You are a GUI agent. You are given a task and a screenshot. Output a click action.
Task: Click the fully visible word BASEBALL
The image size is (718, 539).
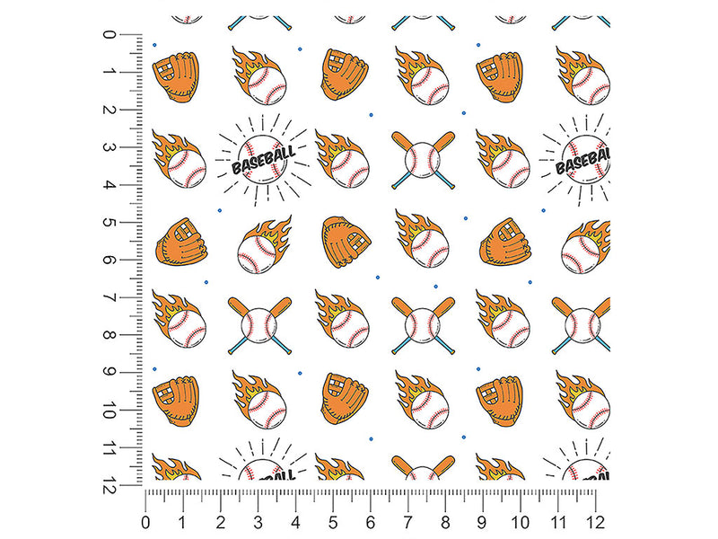263,161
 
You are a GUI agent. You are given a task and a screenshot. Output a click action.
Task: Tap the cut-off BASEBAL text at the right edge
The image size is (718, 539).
582,161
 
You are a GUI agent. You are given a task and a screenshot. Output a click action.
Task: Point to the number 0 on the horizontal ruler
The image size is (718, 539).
145,522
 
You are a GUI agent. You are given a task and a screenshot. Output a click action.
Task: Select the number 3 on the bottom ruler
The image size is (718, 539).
258,522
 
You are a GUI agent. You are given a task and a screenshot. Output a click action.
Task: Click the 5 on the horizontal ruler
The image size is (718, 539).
333,522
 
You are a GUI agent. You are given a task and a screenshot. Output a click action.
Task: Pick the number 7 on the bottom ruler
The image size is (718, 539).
408,522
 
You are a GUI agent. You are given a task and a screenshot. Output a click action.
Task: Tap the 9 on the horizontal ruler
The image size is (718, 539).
483,522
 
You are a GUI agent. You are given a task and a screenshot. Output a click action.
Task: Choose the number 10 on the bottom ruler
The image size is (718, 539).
521,522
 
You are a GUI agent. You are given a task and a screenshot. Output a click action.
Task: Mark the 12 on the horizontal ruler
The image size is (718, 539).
595,522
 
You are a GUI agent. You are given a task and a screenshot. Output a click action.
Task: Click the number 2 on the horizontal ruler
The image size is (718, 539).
221,522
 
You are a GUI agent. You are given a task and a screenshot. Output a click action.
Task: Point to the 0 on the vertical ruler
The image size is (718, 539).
109,34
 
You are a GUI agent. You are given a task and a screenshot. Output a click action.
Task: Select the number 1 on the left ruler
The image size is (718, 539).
109,72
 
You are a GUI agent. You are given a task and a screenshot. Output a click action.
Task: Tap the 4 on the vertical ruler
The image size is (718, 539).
109,185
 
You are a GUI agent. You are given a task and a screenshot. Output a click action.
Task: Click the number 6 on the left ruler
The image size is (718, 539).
109,260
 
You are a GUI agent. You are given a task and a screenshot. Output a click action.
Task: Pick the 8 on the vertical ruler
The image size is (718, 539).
109,335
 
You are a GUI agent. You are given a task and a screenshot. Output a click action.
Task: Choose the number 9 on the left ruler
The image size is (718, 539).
109,373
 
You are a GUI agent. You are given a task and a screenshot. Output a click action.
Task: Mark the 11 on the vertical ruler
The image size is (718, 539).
109,447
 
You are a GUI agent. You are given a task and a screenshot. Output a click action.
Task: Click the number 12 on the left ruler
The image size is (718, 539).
109,485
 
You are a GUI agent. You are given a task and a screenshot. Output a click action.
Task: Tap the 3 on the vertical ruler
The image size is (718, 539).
109,147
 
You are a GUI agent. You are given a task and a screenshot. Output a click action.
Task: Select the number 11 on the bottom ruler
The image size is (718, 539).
557,522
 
